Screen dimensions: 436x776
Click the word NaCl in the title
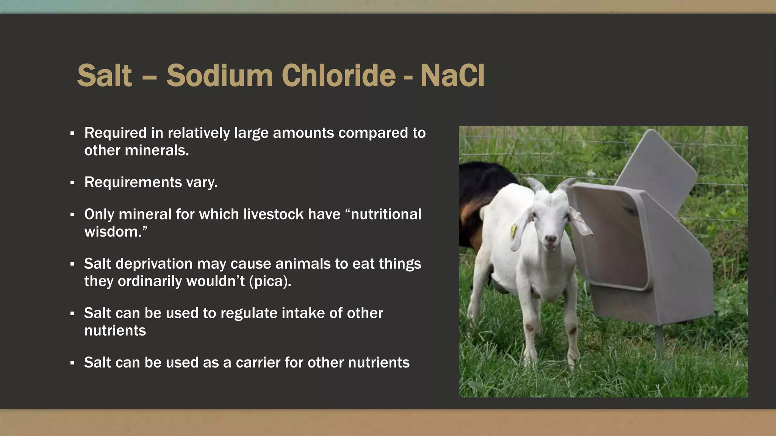click(452, 75)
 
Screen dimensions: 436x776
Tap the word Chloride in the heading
click(338, 75)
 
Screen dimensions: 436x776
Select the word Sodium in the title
click(220, 75)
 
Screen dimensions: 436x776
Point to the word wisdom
click(113, 232)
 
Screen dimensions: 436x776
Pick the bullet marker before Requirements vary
click(72, 183)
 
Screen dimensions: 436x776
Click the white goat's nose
click(550, 240)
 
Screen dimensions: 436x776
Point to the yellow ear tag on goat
click(513, 230)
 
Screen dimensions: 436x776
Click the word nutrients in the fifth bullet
click(115, 331)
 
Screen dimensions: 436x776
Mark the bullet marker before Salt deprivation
click(72, 264)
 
